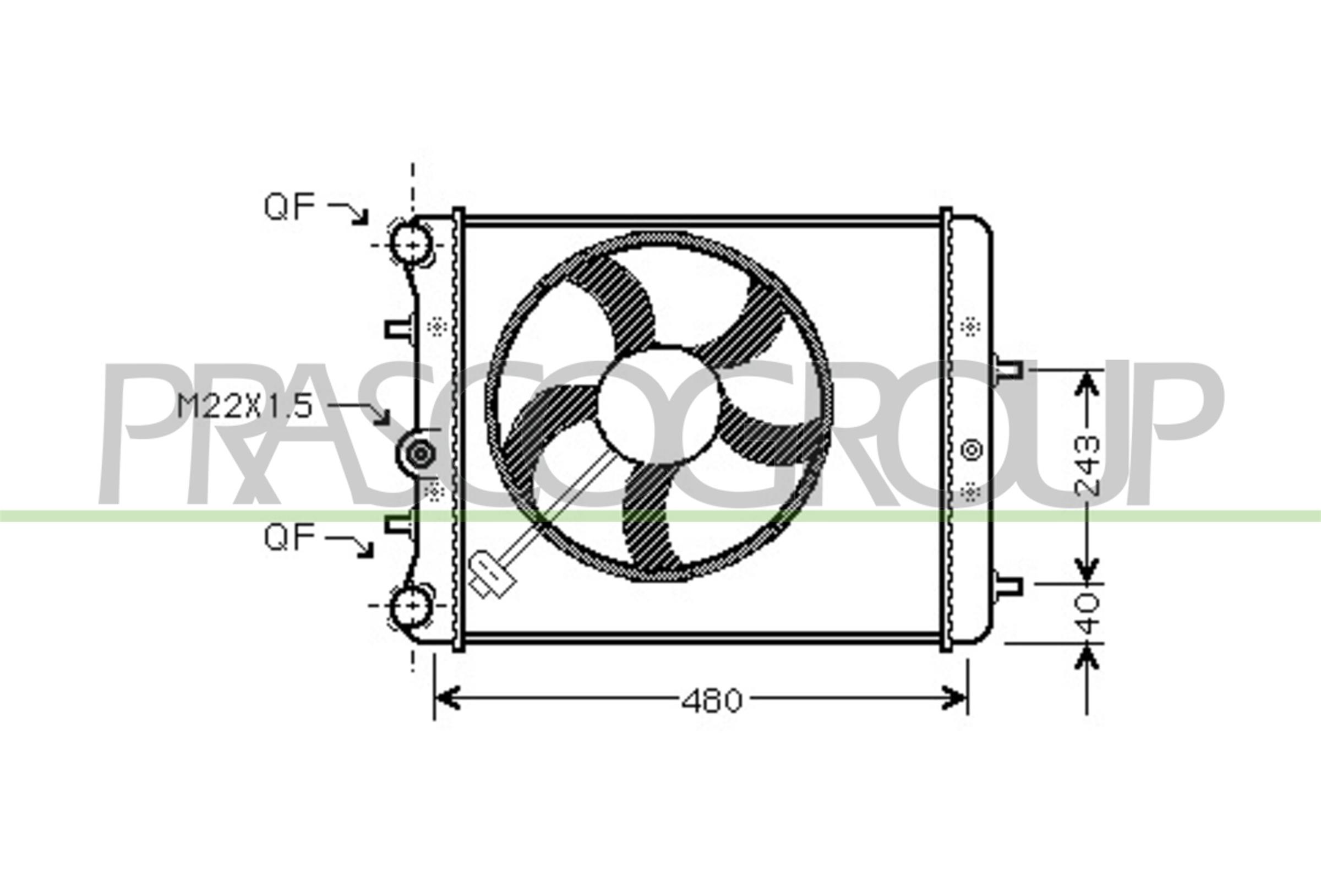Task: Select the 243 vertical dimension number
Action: [1087, 466]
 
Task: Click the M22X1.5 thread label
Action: [244, 406]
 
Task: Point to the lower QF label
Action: [290, 538]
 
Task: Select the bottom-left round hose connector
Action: [412, 606]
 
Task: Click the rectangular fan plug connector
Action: [493, 575]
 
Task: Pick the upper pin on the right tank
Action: [1008, 369]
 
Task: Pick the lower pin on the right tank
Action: [1008, 586]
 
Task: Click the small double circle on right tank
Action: [972, 450]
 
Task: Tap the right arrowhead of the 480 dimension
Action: [955, 698]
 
